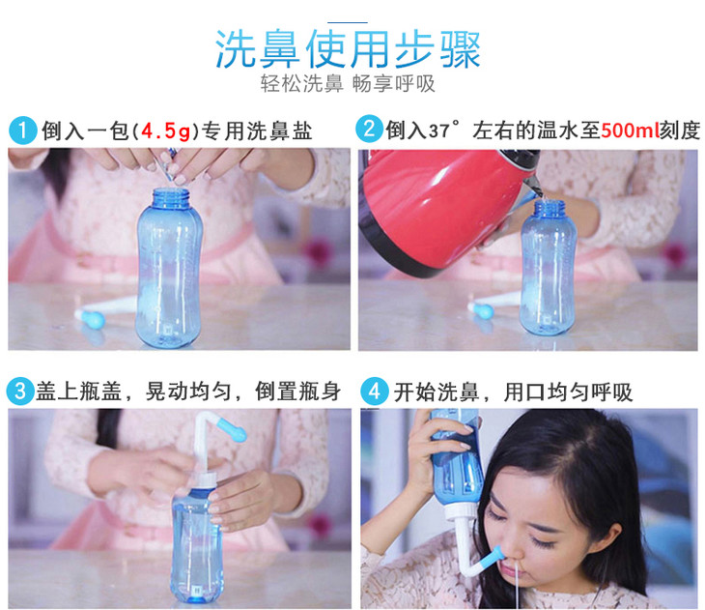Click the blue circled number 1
click(x=22, y=131)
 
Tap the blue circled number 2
click(x=369, y=130)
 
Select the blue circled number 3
click(x=20, y=391)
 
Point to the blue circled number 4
click(x=375, y=392)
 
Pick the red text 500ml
click(x=630, y=131)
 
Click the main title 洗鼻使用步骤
click(x=348, y=49)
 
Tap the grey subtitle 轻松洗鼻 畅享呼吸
click(x=348, y=84)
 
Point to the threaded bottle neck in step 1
click(x=171, y=199)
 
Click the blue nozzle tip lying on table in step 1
click(x=91, y=319)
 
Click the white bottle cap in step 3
click(x=206, y=479)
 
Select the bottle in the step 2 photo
click(x=549, y=268)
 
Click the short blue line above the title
click(x=348, y=22)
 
